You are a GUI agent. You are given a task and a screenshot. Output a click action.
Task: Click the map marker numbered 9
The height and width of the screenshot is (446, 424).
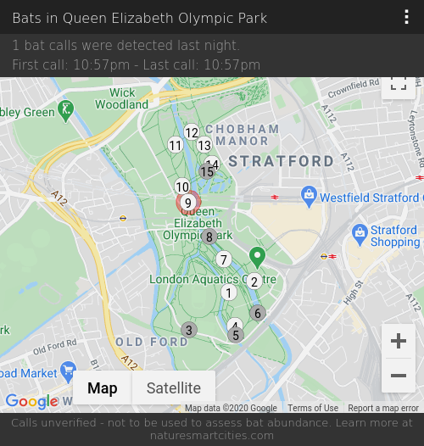click(x=188, y=203)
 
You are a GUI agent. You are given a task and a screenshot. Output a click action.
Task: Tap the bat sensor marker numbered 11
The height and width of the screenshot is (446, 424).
click(x=176, y=145)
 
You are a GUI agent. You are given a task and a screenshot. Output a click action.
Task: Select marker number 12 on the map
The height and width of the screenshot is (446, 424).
click(x=192, y=132)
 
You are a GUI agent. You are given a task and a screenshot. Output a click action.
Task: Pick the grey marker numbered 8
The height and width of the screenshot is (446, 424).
click(x=209, y=237)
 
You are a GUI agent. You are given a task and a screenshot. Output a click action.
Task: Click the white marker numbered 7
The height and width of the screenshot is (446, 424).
click(x=224, y=259)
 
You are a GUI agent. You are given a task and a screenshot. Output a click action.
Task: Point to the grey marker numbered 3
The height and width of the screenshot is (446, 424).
click(x=189, y=330)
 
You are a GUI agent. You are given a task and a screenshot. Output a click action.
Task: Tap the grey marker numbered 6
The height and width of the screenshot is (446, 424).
click(x=258, y=313)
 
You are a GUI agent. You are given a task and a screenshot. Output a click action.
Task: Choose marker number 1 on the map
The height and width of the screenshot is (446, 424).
click(x=228, y=293)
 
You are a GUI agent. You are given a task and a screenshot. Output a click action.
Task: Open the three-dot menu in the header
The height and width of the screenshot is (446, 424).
click(x=407, y=18)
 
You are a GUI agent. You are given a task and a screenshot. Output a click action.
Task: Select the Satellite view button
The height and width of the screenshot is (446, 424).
click(x=174, y=388)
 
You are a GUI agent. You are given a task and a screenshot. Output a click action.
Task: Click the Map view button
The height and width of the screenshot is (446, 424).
click(x=103, y=388)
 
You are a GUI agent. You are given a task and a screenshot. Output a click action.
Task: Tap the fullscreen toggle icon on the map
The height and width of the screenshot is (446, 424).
click(x=398, y=83)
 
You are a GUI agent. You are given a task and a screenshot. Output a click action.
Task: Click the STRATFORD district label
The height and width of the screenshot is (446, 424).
click(x=282, y=161)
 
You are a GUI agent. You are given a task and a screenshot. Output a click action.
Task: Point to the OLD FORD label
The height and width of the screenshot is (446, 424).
click(x=152, y=342)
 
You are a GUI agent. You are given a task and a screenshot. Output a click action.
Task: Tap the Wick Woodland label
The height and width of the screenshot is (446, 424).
click(x=122, y=99)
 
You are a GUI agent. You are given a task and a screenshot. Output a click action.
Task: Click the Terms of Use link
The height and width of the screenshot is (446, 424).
click(x=313, y=408)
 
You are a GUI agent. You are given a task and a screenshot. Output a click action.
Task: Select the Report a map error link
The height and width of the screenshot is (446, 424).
click(x=383, y=408)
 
